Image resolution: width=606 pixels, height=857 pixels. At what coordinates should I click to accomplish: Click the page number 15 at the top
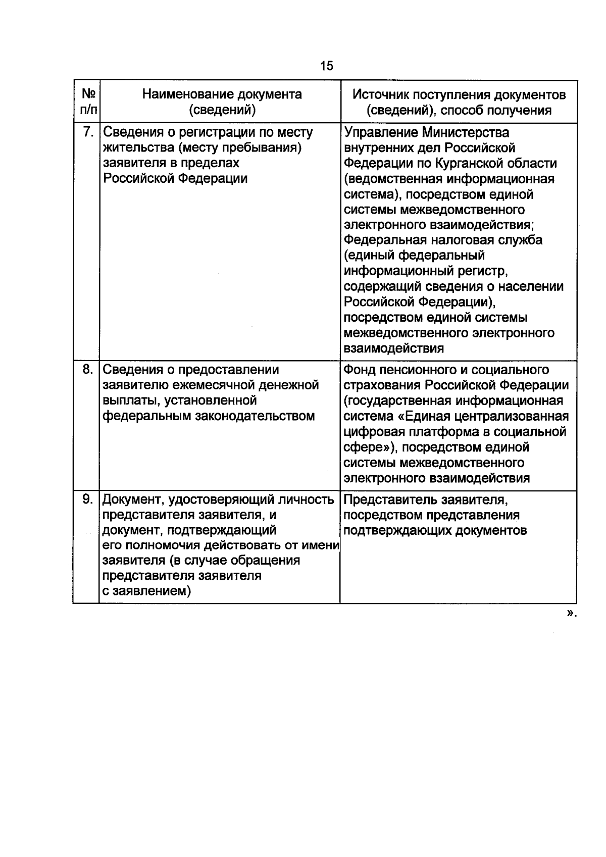(327, 66)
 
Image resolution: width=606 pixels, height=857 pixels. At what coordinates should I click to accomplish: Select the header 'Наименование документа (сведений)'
(222, 102)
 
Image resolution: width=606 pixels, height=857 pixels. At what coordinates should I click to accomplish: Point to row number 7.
(87, 132)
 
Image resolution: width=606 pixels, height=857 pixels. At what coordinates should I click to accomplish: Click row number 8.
(87, 370)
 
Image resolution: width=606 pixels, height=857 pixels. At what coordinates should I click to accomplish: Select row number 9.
(87, 499)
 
